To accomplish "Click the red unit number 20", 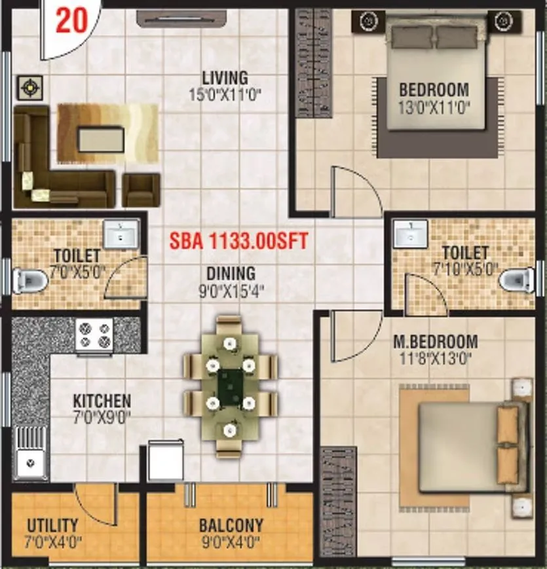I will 71,20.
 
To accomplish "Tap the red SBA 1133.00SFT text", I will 238,240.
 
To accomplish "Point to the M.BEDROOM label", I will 435,341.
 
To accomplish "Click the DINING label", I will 231,274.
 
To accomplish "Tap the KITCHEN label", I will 102,399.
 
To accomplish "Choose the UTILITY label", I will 52,525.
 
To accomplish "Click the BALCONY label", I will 231,525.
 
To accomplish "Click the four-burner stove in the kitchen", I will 94,335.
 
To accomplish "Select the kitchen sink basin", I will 29,464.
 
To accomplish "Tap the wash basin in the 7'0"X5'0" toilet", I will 121,233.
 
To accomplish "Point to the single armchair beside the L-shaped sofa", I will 141,189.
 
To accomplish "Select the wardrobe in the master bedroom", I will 338,500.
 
